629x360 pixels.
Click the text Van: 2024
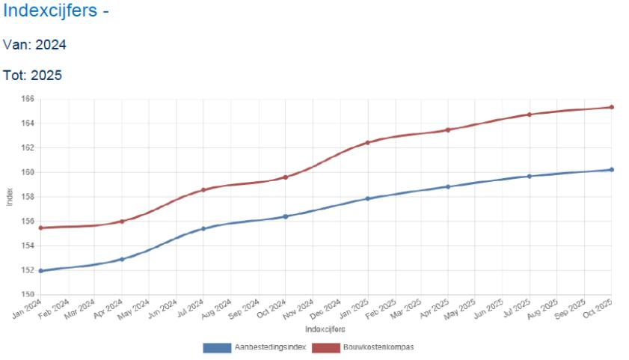point(34,45)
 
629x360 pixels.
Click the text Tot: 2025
point(32,76)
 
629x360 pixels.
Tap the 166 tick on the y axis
point(28,99)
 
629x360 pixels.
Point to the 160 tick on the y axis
point(28,172)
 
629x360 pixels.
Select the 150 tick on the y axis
point(28,294)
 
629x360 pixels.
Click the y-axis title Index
point(10,197)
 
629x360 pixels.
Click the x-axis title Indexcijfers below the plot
point(325,329)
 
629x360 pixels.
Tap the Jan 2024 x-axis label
point(29,308)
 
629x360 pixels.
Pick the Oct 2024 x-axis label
point(274,308)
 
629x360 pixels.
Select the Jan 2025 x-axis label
point(356,308)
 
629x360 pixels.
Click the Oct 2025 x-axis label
point(601,308)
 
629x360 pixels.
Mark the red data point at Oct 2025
point(611,107)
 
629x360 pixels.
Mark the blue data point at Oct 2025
point(611,170)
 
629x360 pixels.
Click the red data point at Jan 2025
point(367,142)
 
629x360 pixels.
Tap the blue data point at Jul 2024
point(203,228)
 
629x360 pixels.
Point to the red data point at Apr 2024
point(122,222)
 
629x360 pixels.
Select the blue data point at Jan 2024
point(40,271)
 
